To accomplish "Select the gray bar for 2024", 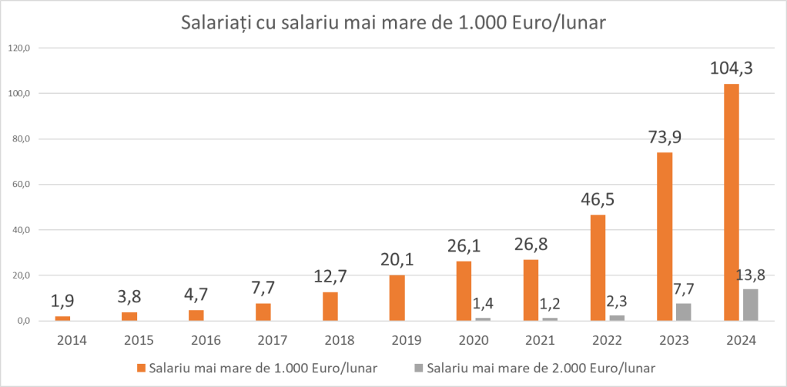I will click(751, 305).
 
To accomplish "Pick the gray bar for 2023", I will click(684, 312).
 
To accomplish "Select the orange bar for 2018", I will click(330, 305).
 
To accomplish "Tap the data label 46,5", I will click(598, 199).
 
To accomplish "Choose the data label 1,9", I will click(63, 300).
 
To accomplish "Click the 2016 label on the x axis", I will click(196, 340).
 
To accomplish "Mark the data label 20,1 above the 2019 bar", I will click(397, 259).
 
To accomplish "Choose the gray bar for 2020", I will click(483, 319).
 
